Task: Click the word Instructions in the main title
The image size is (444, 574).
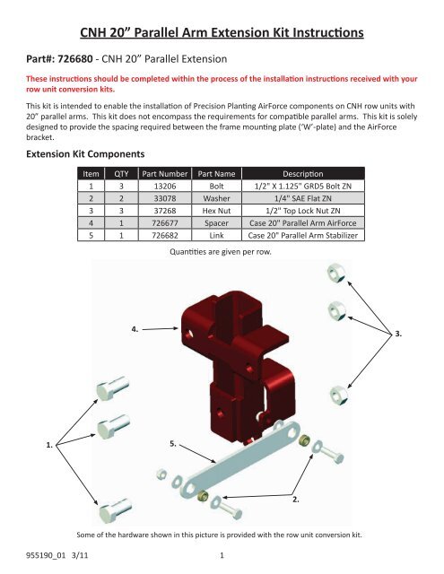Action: (x=319, y=34)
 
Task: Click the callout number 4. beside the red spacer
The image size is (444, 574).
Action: (x=135, y=329)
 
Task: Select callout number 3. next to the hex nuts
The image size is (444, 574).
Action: (x=399, y=334)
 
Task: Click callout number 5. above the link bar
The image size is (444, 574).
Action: (x=174, y=443)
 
